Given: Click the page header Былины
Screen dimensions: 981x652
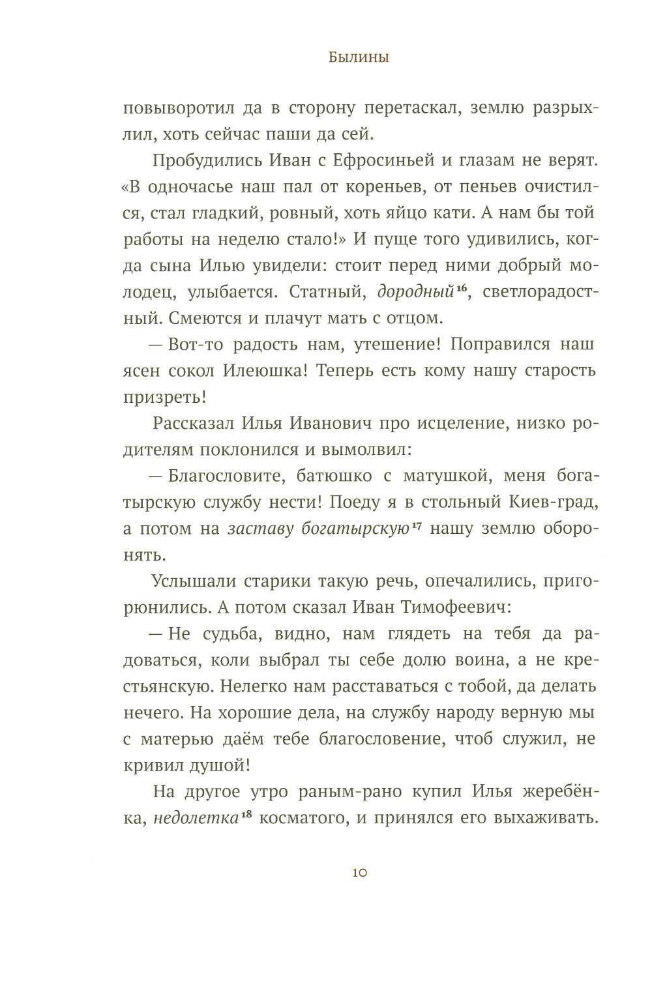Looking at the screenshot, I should coord(359,58).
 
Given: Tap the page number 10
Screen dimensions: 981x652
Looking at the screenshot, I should coord(359,873).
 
